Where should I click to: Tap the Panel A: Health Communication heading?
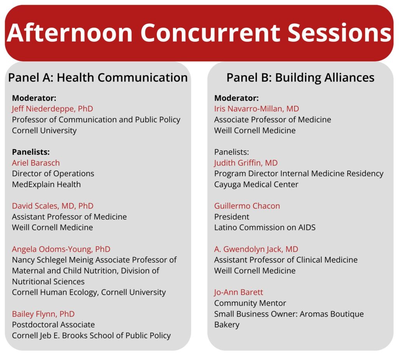pos(98,78)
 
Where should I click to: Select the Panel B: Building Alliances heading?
pos(300,78)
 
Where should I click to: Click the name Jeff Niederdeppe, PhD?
pos(53,109)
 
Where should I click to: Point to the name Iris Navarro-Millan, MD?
pos(256,109)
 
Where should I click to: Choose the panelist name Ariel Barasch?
pos(36,163)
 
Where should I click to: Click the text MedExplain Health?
pos(46,184)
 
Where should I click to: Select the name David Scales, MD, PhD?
pos(53,206)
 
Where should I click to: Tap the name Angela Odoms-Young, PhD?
pos(61,249)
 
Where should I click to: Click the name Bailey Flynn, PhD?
pos(43,314)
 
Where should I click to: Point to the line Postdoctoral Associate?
pos(53,325)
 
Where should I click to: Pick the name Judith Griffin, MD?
pos(246,163)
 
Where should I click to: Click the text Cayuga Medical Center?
pos(256,184)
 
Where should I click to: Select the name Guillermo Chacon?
pos(247,206)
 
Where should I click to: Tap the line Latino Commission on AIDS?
pos(265,227)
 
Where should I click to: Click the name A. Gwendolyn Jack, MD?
pos(256,249)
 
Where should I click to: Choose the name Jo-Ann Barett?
pos(238,292)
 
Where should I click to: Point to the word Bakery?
pos(227,325)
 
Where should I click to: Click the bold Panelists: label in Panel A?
pos(31,152)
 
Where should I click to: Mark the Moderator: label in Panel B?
pos(237,98)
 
